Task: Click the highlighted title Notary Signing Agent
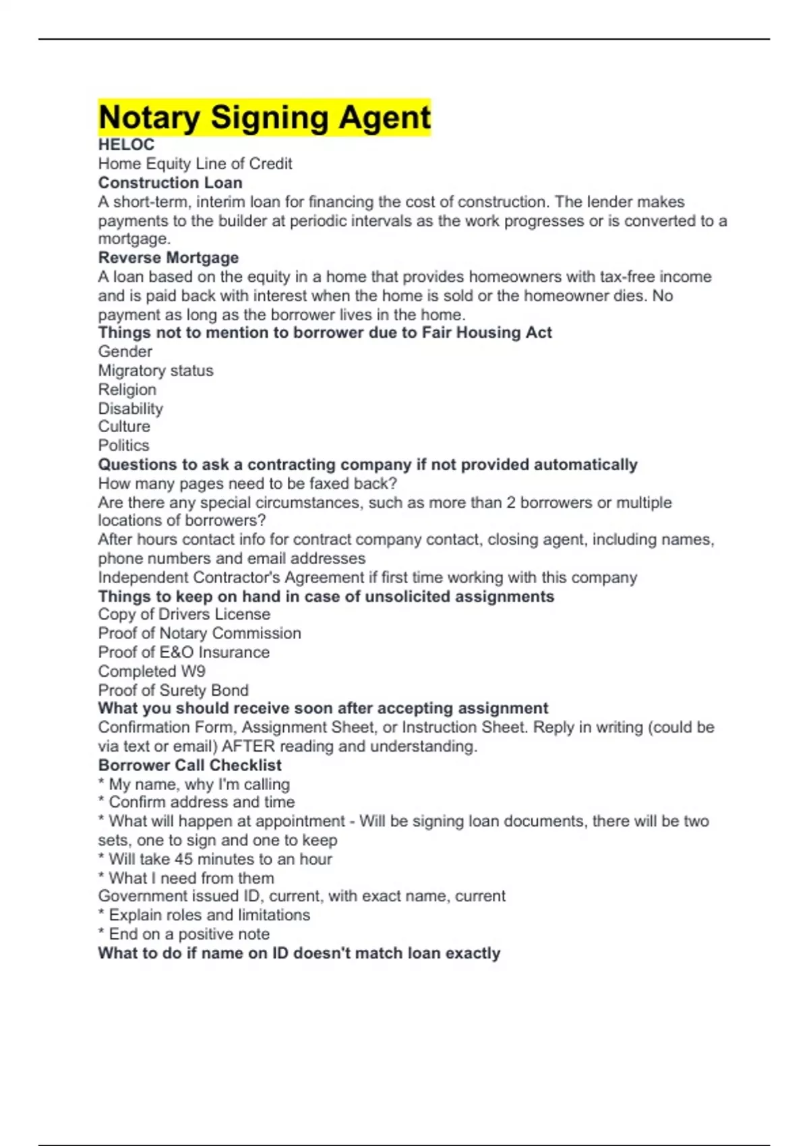264,117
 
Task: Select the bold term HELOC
126,145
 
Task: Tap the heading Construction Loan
170,183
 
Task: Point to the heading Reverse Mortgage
168,258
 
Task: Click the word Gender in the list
125,351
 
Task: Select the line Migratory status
155,370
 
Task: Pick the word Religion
127,390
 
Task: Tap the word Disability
130,409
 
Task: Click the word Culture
124,427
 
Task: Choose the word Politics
123,446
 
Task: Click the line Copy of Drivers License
184,614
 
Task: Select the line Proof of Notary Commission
200,633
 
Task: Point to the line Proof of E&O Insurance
183,652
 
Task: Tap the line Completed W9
152,671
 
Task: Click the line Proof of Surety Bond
173,690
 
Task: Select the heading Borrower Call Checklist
189,765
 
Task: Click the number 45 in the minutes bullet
183,859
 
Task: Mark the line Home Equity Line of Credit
195,164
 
